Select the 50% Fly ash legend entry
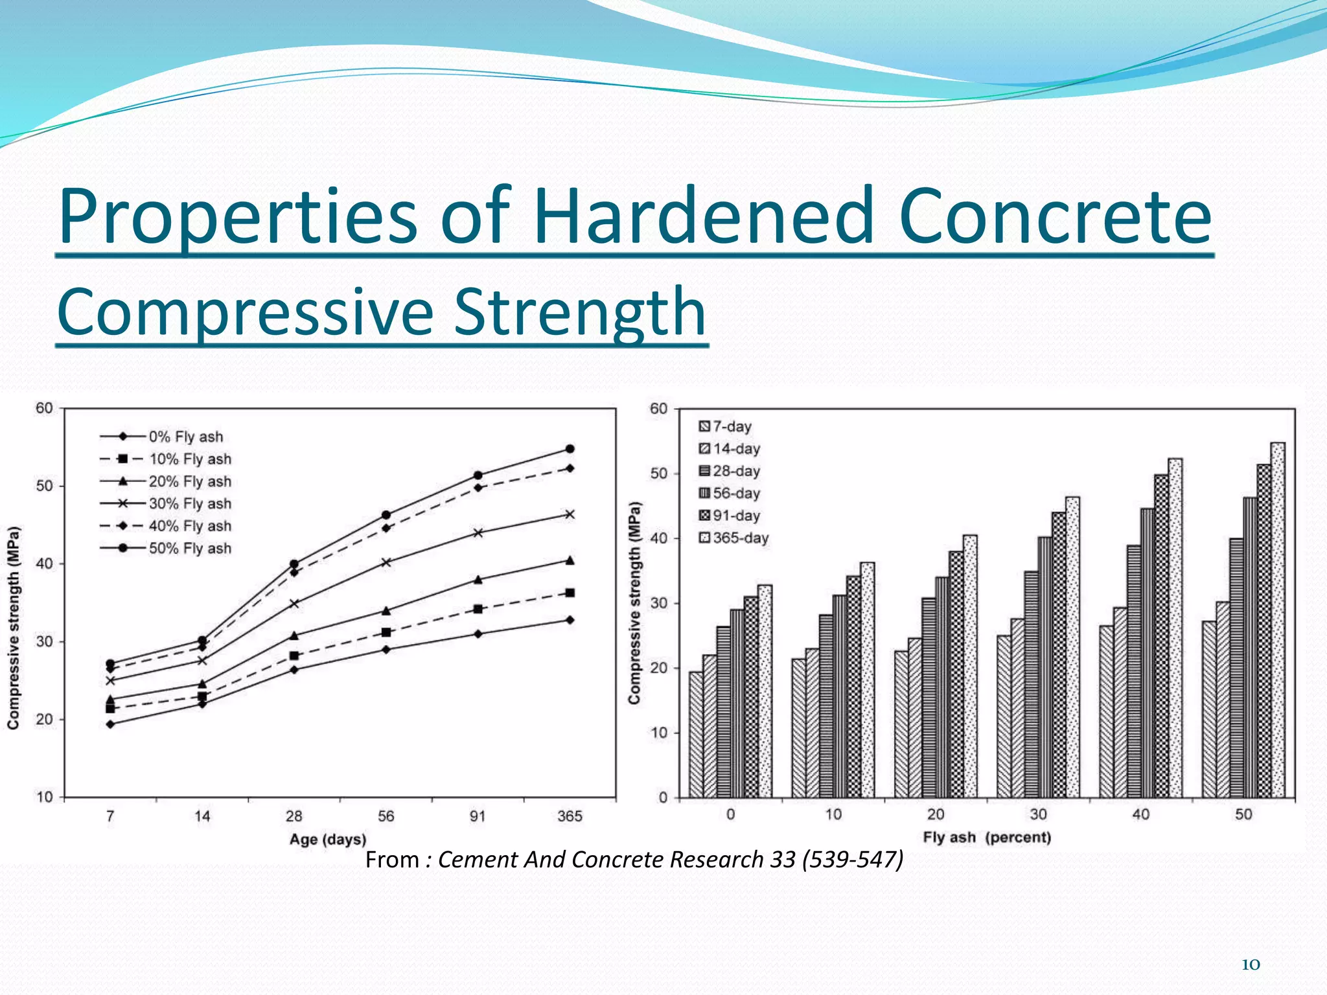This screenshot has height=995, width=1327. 189,549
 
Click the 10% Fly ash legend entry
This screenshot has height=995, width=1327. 189,459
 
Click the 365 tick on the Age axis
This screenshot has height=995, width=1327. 570,816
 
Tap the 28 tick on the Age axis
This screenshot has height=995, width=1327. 294,816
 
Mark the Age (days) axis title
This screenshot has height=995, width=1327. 328,840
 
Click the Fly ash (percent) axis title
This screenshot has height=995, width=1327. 987,838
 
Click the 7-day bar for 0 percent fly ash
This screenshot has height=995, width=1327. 696,735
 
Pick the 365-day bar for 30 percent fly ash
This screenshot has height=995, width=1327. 1072,647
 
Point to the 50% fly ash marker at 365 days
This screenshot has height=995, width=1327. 570,449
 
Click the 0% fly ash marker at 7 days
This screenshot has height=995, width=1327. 110,724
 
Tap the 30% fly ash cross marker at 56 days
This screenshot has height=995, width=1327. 386,562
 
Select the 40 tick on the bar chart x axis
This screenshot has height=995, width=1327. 1141,814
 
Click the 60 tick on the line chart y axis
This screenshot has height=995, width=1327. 44,408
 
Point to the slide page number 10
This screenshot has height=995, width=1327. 1250,965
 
